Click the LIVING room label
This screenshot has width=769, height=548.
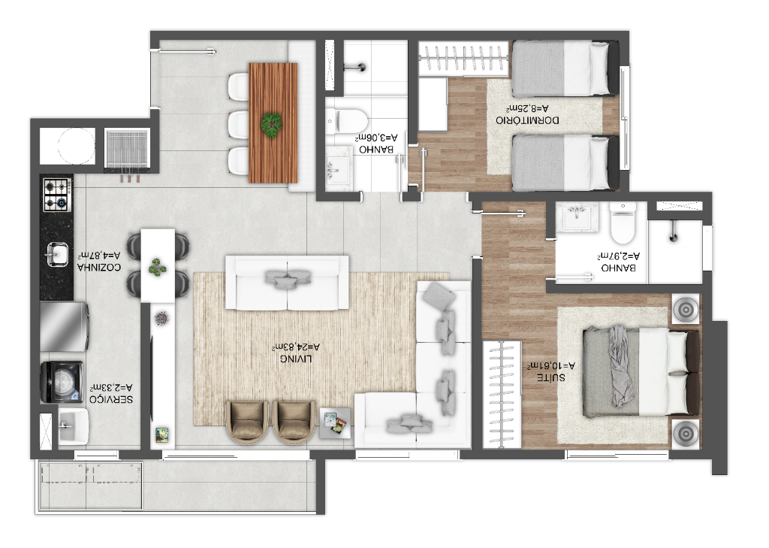pos(296,359)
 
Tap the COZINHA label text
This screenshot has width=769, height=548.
pos(98,268)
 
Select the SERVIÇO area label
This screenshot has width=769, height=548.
pos(111,400)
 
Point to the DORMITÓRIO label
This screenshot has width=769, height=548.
pos(527,120)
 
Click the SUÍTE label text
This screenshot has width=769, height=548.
pos(550,377)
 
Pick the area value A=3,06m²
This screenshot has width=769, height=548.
pos(377,138)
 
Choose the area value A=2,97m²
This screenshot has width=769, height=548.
pos(619,256)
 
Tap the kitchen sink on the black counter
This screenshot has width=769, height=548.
pos(57,254)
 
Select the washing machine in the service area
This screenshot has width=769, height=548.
pos(62,382)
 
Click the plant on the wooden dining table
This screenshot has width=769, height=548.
pos(270,123)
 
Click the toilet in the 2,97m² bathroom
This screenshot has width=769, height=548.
pos(623,223)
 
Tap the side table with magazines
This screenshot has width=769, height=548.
pos(335,423)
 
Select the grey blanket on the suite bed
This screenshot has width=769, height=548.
pos(620,366)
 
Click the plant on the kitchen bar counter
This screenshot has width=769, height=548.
pos(158,267)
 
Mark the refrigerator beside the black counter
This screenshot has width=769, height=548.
pos(65,327)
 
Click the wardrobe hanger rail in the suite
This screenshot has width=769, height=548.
pos(502,395)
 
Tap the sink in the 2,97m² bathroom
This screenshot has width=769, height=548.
pos(577,216)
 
